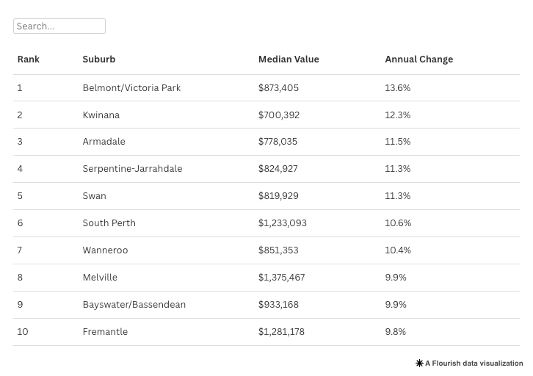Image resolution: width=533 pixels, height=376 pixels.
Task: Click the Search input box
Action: (x=59, y=26)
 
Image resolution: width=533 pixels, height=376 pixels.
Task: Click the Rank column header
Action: (x=29, y=59)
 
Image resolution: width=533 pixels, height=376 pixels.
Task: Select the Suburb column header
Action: (x=99, y=59)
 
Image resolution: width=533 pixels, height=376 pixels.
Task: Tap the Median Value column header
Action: (x=289, y=59)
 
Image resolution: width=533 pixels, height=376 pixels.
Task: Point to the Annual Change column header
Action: (x=418, y=59)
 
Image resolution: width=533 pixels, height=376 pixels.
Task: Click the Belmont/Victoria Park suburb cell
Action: (x=131, y=88)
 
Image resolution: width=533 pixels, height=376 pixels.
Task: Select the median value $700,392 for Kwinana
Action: (x=279, y=115)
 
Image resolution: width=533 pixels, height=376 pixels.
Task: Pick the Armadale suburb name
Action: (x=104, y=142)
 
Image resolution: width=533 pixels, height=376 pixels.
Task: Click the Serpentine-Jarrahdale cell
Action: (x=132, y=169)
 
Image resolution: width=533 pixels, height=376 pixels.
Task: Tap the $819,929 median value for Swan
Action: (x=278, y=196)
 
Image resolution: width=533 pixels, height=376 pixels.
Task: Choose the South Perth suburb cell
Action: (x=109, y=223)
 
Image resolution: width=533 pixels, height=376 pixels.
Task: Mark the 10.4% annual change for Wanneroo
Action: (x=398, y=250)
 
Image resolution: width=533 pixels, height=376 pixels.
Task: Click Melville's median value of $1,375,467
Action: (x=281, y=278)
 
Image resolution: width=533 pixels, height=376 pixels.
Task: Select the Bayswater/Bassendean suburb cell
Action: (x=134, y=305)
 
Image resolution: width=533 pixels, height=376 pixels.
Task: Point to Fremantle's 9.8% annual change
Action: (x=395, y=332)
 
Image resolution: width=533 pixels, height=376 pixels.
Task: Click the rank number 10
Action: (x=23, y=332)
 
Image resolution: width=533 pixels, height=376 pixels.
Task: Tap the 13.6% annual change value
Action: (x=397, y=88)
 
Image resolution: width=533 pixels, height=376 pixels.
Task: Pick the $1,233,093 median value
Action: (x=283, y=223)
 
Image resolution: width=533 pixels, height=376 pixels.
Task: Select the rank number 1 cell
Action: (x=20, y=88)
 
